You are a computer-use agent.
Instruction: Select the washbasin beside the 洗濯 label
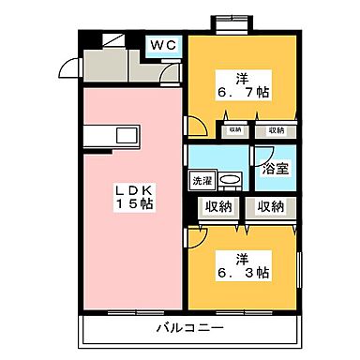click(232, 178)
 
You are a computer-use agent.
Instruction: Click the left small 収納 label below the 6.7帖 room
click(234, 130)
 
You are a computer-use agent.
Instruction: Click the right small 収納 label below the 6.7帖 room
click(275, 130)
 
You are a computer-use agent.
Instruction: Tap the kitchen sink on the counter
click(124, 135)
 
